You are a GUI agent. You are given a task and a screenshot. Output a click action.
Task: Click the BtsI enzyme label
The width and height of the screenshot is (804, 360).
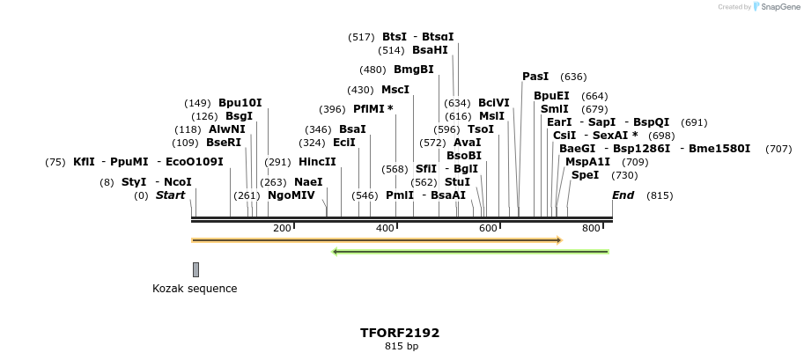click(395, 37)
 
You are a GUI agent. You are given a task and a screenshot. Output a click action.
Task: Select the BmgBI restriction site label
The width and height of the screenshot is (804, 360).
click(413, 70)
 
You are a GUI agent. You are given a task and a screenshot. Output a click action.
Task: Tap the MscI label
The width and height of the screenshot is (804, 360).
click(395, 90)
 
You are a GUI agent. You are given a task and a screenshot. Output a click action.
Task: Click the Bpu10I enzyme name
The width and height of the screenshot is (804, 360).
click(240, 103)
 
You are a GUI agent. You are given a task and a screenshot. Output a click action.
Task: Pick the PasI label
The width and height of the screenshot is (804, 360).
click(535, 77)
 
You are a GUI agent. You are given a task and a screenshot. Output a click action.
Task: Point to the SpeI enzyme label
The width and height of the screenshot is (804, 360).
click(585, 175)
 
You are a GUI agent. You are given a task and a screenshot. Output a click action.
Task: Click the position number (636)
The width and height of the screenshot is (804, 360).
click(573, 77)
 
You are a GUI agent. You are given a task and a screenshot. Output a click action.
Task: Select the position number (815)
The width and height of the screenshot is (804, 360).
click(660, 195)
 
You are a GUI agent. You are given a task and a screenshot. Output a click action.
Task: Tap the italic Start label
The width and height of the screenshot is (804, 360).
click(170, 195)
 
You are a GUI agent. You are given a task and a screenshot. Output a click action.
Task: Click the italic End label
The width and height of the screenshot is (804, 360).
click(623, 195)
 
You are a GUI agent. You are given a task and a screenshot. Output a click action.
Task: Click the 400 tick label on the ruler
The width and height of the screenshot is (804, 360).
click(385, 229)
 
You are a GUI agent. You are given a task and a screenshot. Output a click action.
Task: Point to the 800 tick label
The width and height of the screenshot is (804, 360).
click(591, 229)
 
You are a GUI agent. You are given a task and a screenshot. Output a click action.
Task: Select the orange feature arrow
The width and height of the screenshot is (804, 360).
click(376, 239)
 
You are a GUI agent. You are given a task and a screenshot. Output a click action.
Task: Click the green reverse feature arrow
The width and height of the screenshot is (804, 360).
click(470, 252)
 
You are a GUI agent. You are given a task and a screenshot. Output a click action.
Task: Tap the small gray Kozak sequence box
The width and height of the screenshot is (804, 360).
click(195, 269)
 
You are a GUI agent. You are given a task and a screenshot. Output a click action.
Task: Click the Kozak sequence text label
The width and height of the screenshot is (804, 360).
click(195, 289)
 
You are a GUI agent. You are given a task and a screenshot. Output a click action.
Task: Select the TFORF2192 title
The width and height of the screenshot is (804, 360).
click(400, 333)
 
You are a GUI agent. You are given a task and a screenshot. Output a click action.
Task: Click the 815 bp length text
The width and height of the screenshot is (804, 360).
click(401, 347)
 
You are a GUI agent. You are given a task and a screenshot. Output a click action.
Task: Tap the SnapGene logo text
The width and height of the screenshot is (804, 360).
click(774, 7)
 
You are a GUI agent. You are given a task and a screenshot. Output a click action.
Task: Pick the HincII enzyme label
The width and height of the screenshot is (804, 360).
click(317, 162)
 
